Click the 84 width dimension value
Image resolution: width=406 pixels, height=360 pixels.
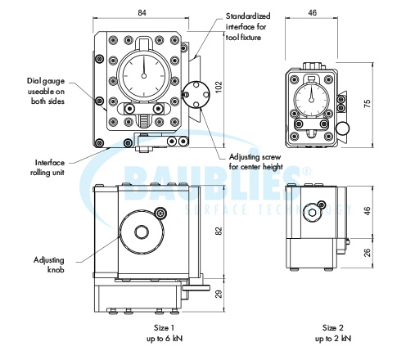[142, 13]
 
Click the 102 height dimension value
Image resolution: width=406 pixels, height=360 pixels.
[219, 88]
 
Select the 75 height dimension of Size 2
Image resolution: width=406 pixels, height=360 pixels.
[368, 103]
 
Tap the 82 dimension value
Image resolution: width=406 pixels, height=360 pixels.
[219, 231]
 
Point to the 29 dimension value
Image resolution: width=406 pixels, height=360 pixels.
[219, 294]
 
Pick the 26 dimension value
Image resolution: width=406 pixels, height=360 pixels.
[368, 252]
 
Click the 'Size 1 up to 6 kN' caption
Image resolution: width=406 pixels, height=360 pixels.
[165, 333]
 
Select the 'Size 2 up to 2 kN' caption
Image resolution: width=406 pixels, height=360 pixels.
[333, 333]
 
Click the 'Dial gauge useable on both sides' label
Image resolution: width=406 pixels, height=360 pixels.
[46, 91]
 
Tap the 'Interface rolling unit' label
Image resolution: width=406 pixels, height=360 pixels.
[47, 168]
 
